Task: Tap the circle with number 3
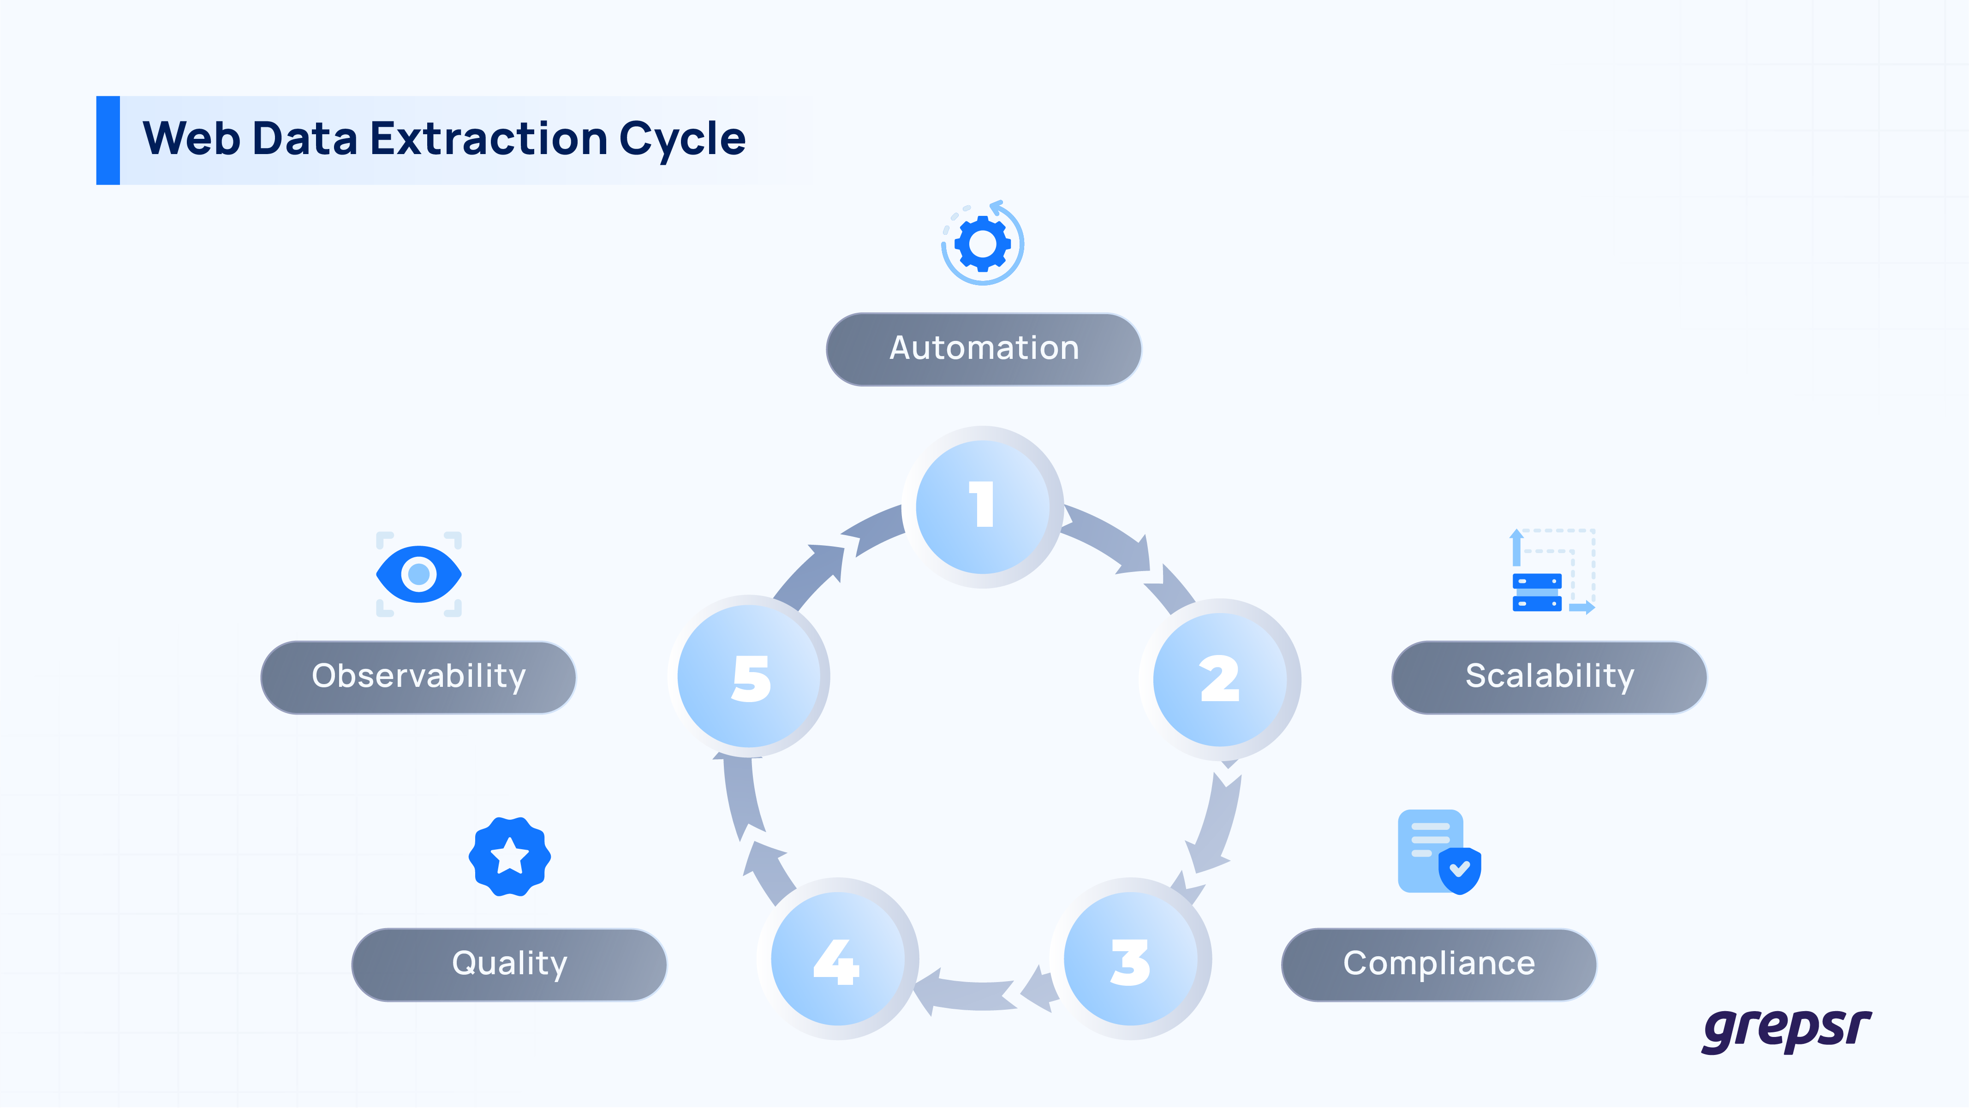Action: tap(1130, 960)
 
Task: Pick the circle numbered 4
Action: tap(837, 960)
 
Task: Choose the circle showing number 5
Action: tap(750, 677)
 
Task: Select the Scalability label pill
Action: tap(1549, 677)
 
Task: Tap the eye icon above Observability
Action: tap(419, 574)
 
